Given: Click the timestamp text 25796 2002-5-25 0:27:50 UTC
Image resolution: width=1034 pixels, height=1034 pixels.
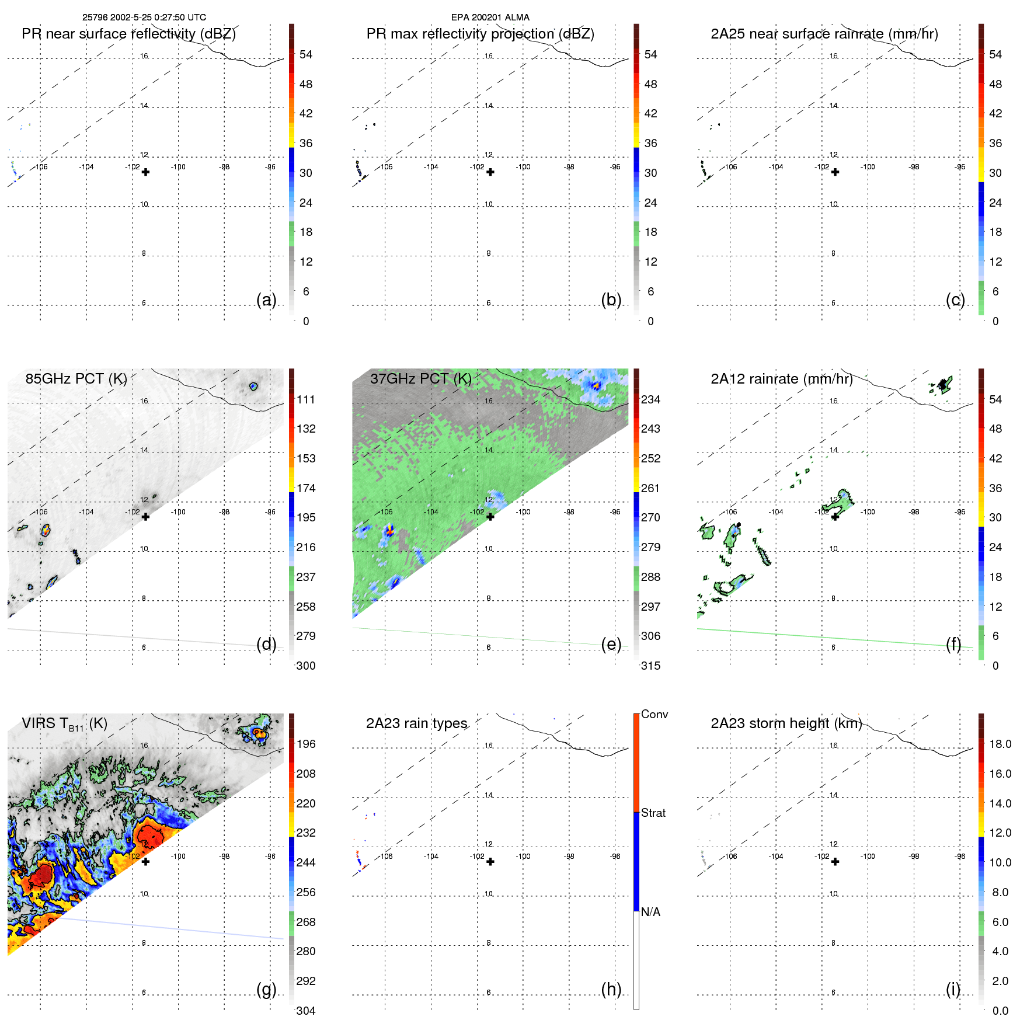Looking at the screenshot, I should [x=144, y=18].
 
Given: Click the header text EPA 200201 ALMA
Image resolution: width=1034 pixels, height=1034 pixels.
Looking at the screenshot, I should [x=490, y=18].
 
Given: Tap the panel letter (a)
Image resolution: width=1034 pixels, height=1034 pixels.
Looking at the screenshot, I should [x=266, y=300].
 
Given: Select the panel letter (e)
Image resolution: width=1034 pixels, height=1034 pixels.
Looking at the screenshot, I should [x=611, y=644].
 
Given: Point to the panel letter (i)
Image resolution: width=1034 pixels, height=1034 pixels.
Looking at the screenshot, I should [x=953, y=989].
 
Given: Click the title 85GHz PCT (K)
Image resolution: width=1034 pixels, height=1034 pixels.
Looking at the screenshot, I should [x=76, y=378].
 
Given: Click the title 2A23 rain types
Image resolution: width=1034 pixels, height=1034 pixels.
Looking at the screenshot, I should [x=416, y=723].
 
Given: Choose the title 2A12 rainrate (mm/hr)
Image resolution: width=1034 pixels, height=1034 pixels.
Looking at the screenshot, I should [x=781, y=379].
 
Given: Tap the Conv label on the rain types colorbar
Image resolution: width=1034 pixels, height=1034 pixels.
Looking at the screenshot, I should [x=654, y=714].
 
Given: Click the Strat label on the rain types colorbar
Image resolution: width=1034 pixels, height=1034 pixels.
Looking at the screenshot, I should [x=653, y=813].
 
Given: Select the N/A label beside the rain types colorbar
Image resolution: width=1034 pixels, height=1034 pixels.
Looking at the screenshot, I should [x=650, y=912].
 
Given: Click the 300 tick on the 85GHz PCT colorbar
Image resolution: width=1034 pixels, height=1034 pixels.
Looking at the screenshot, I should [x=305, y=666].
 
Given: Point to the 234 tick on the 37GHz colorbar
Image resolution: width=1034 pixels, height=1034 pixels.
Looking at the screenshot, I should [x=650, y=399].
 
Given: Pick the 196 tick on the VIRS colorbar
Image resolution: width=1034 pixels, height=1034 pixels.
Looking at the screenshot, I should [x=305, y=744].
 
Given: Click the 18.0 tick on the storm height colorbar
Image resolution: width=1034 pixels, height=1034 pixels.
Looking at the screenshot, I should [x=1000, y=744].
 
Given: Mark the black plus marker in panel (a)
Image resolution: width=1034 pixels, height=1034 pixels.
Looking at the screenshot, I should [x=145, y=172].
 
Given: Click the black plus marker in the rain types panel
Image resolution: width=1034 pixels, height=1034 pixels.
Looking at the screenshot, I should [x=490, y=862].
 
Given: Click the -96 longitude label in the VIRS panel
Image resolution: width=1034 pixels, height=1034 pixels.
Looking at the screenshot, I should [x=270, y=857].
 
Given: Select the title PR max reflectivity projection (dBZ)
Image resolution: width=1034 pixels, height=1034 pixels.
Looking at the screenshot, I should [x=480, y=34].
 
